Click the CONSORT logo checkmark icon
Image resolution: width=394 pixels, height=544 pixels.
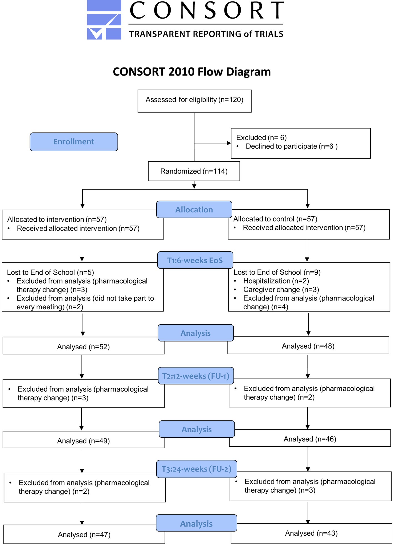pyautogui.click(x=104, y=20)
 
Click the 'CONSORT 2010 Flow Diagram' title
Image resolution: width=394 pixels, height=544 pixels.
pyautogui.click(x=192, y=72)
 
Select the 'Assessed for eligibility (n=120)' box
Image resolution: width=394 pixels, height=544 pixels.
pyautogui.click(x=194, y=101)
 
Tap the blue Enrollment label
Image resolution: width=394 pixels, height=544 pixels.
pyautogui.click(x=74, y=142)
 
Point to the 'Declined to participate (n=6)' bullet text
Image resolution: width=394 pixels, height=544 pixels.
pyautogui.click(x=292, y=146)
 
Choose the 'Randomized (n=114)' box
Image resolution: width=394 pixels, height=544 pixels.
pyautogui.click(x=194, y=171)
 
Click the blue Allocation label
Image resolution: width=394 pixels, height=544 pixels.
pyautogui.click(x=194, y=210)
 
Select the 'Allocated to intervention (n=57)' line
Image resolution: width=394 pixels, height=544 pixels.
pyautogui.click(x=57, y=219)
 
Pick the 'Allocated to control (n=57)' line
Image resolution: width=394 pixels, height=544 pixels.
pyautogui.click(x=275, y=219)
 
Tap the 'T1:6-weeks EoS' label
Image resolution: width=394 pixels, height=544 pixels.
pyautogui.click(x=195, y=260)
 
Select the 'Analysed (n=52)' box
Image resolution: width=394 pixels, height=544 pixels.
pyautogui.click(x=84, y=346)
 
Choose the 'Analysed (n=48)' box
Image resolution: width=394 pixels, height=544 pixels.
pyautogui.click(x=308, y=345)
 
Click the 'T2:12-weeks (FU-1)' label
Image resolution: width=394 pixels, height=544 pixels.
pyautogui.click(x=196, y=376)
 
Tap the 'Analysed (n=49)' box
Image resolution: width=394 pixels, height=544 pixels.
pyautogui.click(x=84, y=440)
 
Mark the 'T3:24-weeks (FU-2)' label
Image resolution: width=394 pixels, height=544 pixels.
pyautogui.click(x=197, y=469)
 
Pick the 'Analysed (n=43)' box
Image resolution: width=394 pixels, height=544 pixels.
pyautogui.click(x=311, y=533)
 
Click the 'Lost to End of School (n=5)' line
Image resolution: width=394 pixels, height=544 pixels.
pyautogui.click(x=51, y=272)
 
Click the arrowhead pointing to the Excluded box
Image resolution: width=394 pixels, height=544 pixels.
pyautogui.click(x=229, y=143)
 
